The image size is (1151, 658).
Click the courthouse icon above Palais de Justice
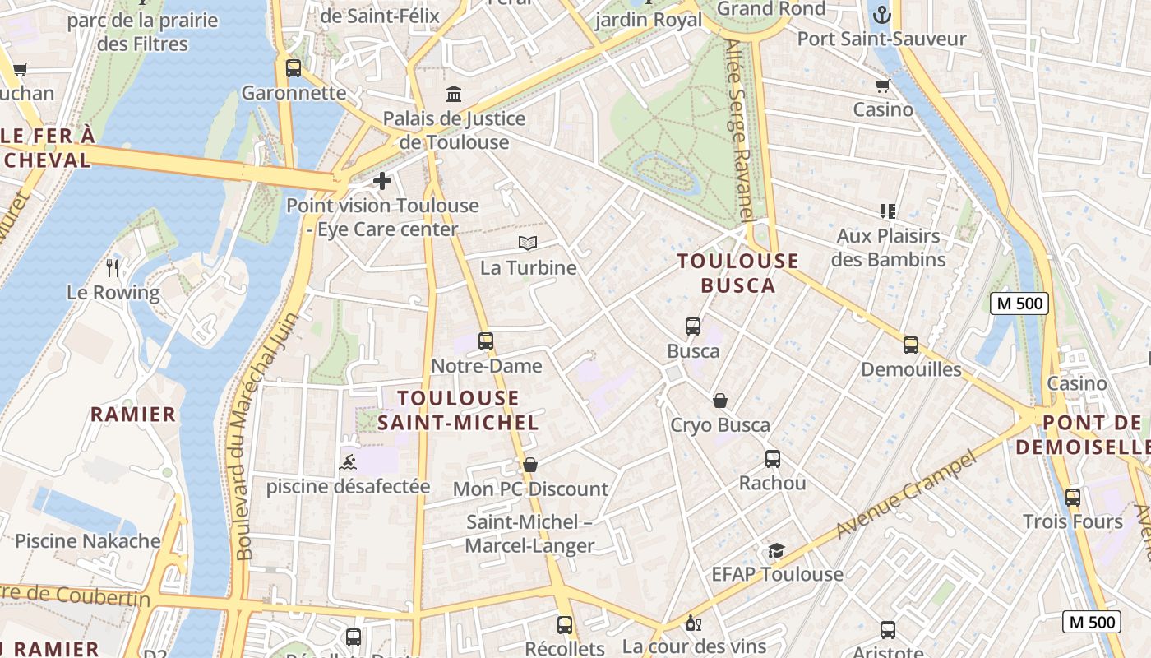(x=454, y=94)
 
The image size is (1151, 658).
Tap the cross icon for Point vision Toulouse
(x=382, y=181)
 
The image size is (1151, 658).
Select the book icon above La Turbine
(x=528, y=243)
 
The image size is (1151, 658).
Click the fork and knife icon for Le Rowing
(x=113, y=267)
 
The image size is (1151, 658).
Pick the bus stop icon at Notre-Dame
(x=486, y=341)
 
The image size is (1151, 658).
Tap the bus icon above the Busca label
(x=693, y=327)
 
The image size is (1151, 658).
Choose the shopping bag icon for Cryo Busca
(x=720, y=401)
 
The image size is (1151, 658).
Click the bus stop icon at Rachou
(x=773, y=458)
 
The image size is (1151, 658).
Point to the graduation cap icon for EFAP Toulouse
(x=776, y=550)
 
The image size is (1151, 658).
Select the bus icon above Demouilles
(x=911, y=345)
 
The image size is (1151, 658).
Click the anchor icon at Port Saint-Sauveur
(x=882, y=14)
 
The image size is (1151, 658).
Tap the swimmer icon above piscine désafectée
(x=348, y=461)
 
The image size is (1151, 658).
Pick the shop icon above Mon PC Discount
(x=530, y=465)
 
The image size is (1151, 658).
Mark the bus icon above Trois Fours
(x=1073, y=497)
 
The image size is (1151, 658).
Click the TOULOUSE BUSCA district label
(x=738, y=273)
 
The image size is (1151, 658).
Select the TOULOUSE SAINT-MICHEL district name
(x=458, y=410)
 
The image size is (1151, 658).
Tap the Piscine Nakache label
(x=88, y=541)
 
